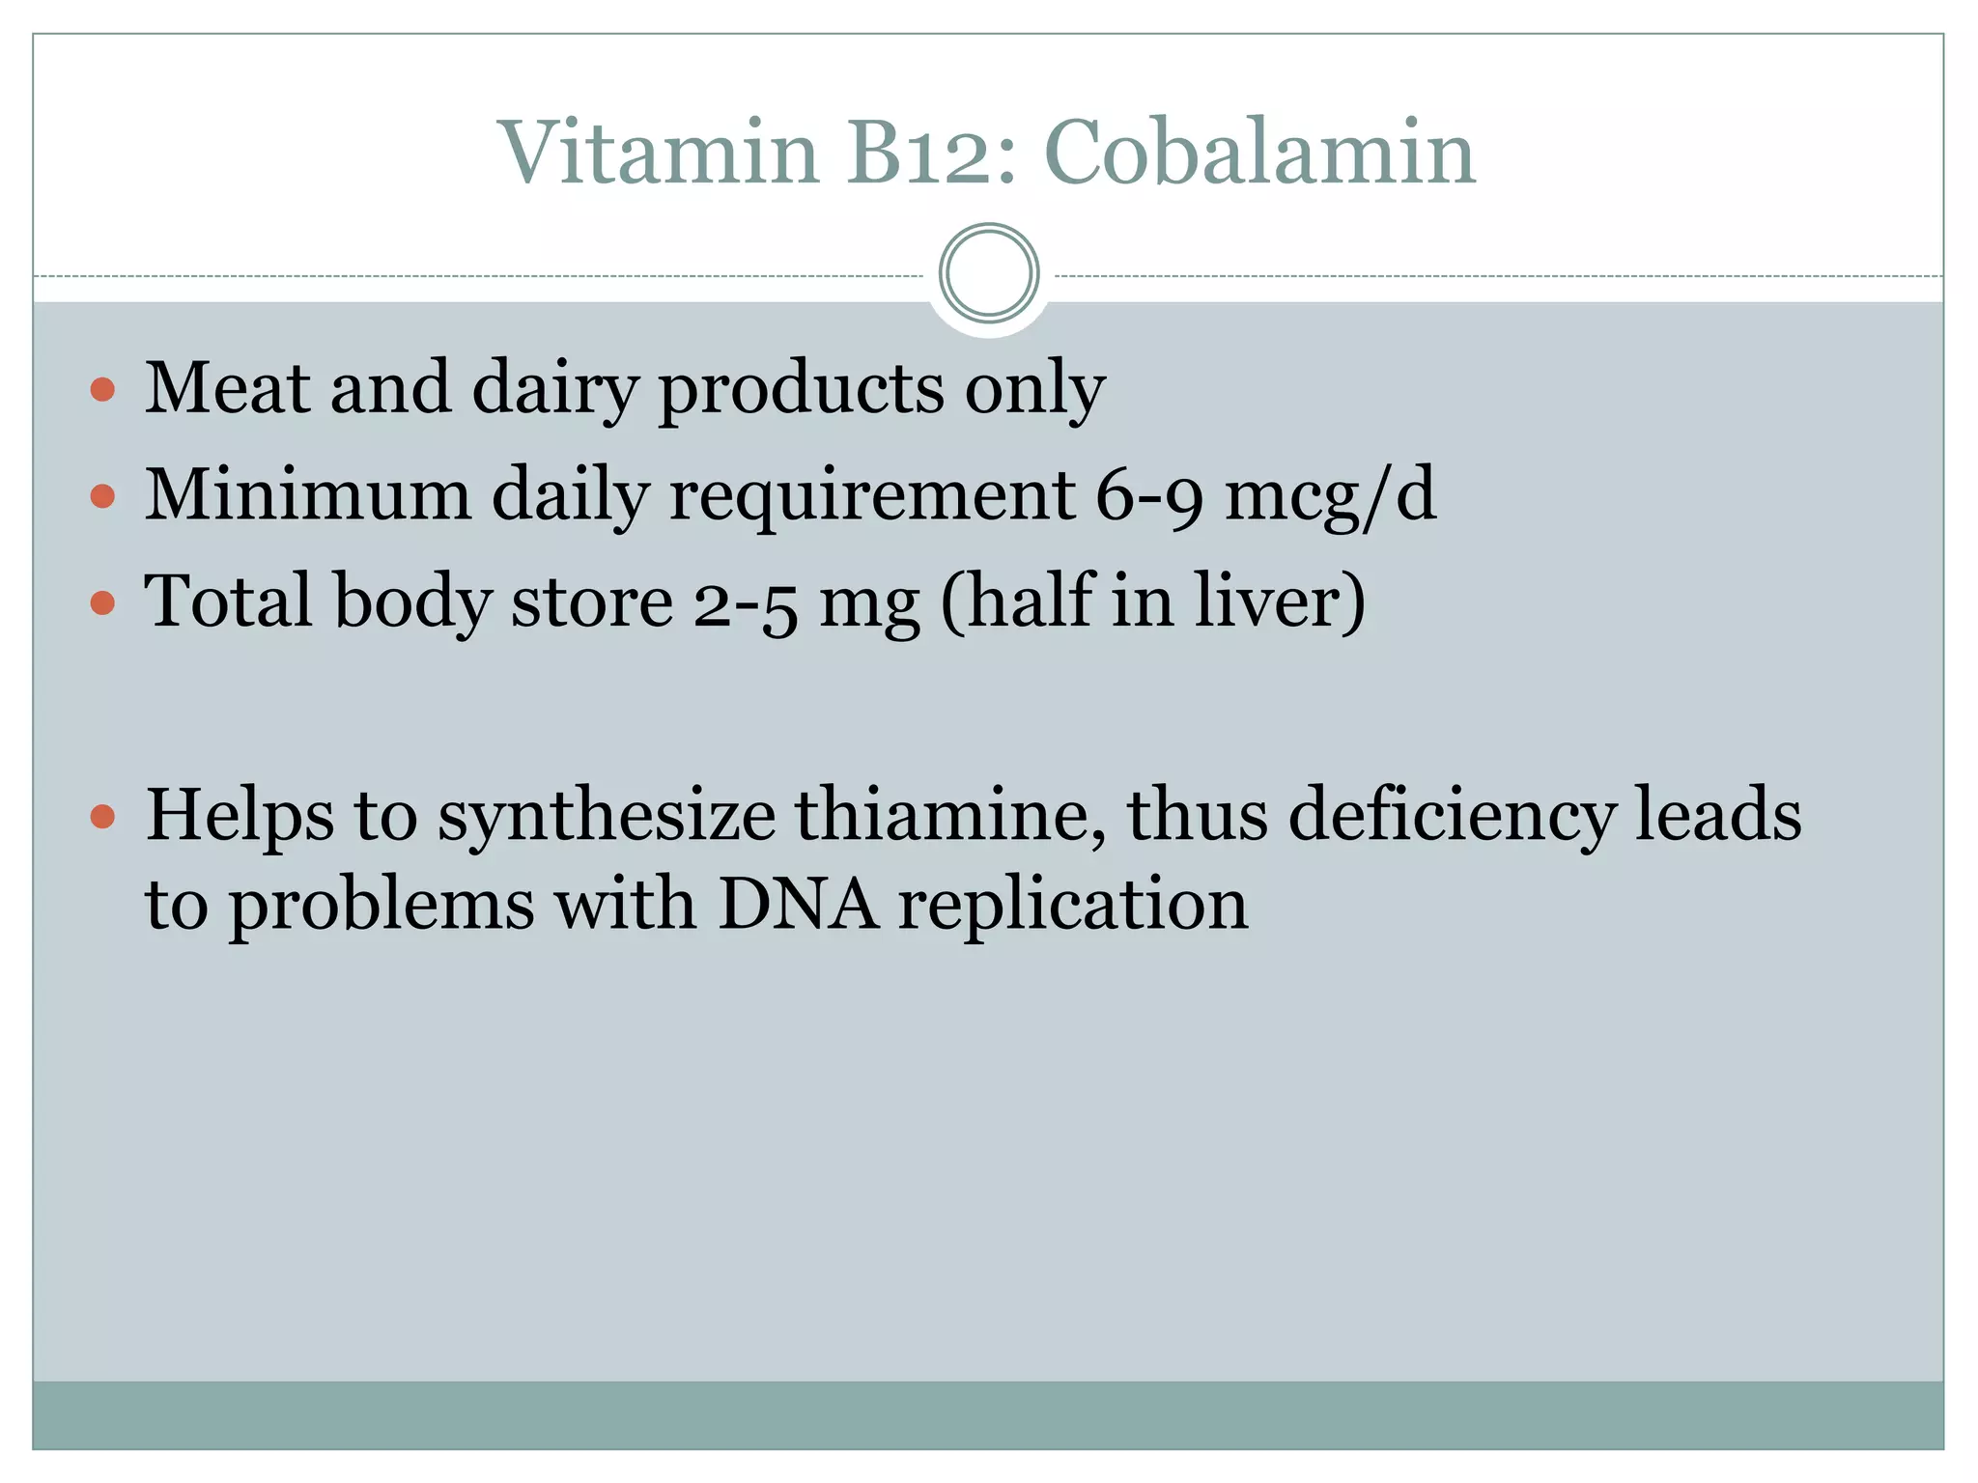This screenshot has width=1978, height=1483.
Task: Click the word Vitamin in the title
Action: click(x=658, y=153)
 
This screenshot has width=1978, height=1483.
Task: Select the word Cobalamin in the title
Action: click(x=1259, y=153)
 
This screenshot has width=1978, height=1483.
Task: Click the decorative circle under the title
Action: click(x=988, y=273)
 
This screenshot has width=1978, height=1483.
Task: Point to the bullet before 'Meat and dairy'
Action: click(x=102, y=390)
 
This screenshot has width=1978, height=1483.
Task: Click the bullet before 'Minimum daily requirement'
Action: click(x=102, y=496)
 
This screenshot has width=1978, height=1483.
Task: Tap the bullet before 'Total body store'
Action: click(x=102, y=603)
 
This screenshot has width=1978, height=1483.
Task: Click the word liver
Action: click(x=1278, y=602)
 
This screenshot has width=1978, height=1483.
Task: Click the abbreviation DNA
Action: click(x=798, y=905)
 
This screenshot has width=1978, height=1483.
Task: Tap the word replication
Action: click(x=1073, y=907)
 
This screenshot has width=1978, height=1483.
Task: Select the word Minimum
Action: click(x=307, y=494)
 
